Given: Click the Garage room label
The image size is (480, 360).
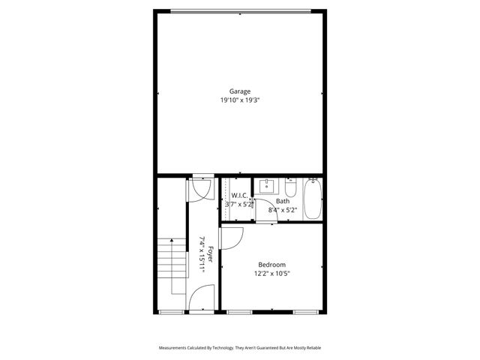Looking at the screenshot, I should pos(240,91).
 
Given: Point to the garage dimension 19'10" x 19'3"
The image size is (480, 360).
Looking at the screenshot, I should pos(240,99).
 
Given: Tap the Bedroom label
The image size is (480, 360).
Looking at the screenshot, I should pos(271,265).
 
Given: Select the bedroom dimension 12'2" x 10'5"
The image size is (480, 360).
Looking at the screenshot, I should pos(271,274).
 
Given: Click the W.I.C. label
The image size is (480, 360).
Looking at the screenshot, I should pos(239,195).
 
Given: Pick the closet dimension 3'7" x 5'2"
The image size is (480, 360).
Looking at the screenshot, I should pos(239,203).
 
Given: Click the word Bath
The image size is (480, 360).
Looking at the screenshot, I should pos(283,201).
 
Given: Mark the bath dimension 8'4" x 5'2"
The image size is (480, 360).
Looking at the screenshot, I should pos(283,210).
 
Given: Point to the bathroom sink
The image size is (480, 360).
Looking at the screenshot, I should pos(266,184).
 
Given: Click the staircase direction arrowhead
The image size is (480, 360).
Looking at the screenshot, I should pos(172,241).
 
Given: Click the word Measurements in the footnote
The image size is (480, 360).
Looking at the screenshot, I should pos(175,348).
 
